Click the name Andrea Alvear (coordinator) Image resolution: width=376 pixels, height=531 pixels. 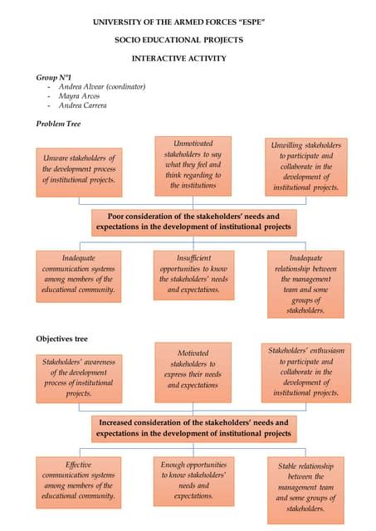102,86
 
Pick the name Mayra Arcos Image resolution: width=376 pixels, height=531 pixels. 80,96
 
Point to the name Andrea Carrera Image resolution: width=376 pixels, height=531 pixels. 85,106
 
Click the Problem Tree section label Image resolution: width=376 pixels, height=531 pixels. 58,124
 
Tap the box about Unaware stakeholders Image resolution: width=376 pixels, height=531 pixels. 79,168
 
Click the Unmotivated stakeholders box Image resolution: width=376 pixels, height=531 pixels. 193,165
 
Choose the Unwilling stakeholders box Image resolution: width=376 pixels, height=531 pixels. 306,166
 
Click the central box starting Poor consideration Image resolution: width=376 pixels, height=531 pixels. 193,222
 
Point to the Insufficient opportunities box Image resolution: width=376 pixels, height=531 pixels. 193,274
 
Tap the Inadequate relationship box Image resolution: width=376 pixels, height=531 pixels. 306,284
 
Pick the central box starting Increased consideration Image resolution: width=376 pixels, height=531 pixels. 193,428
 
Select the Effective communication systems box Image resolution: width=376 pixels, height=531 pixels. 79,480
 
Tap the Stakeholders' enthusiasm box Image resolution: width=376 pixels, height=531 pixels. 306,373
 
